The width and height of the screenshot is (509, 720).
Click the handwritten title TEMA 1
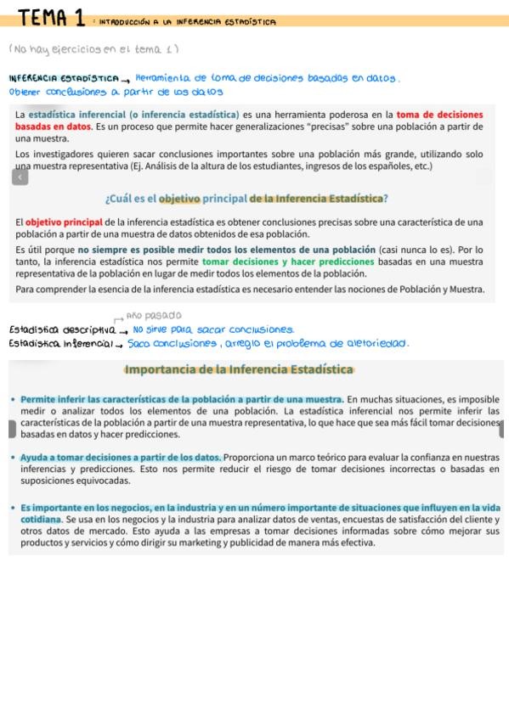point(51,16)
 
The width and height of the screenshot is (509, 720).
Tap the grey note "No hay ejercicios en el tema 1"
point(93,49)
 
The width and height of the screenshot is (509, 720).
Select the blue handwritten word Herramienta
point(167,78)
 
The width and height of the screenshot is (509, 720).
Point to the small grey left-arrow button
point(19,177)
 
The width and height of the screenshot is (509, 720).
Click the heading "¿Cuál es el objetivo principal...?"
point(246,199)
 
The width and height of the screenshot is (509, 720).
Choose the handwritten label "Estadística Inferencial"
point(61,344)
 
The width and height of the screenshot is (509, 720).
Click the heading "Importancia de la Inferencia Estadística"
point(239,369)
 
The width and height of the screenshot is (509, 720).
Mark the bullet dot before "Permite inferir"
point(13,399)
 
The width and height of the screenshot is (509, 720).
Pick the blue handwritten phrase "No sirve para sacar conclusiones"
point(213,329)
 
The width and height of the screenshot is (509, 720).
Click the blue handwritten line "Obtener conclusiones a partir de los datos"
point(116,92)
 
